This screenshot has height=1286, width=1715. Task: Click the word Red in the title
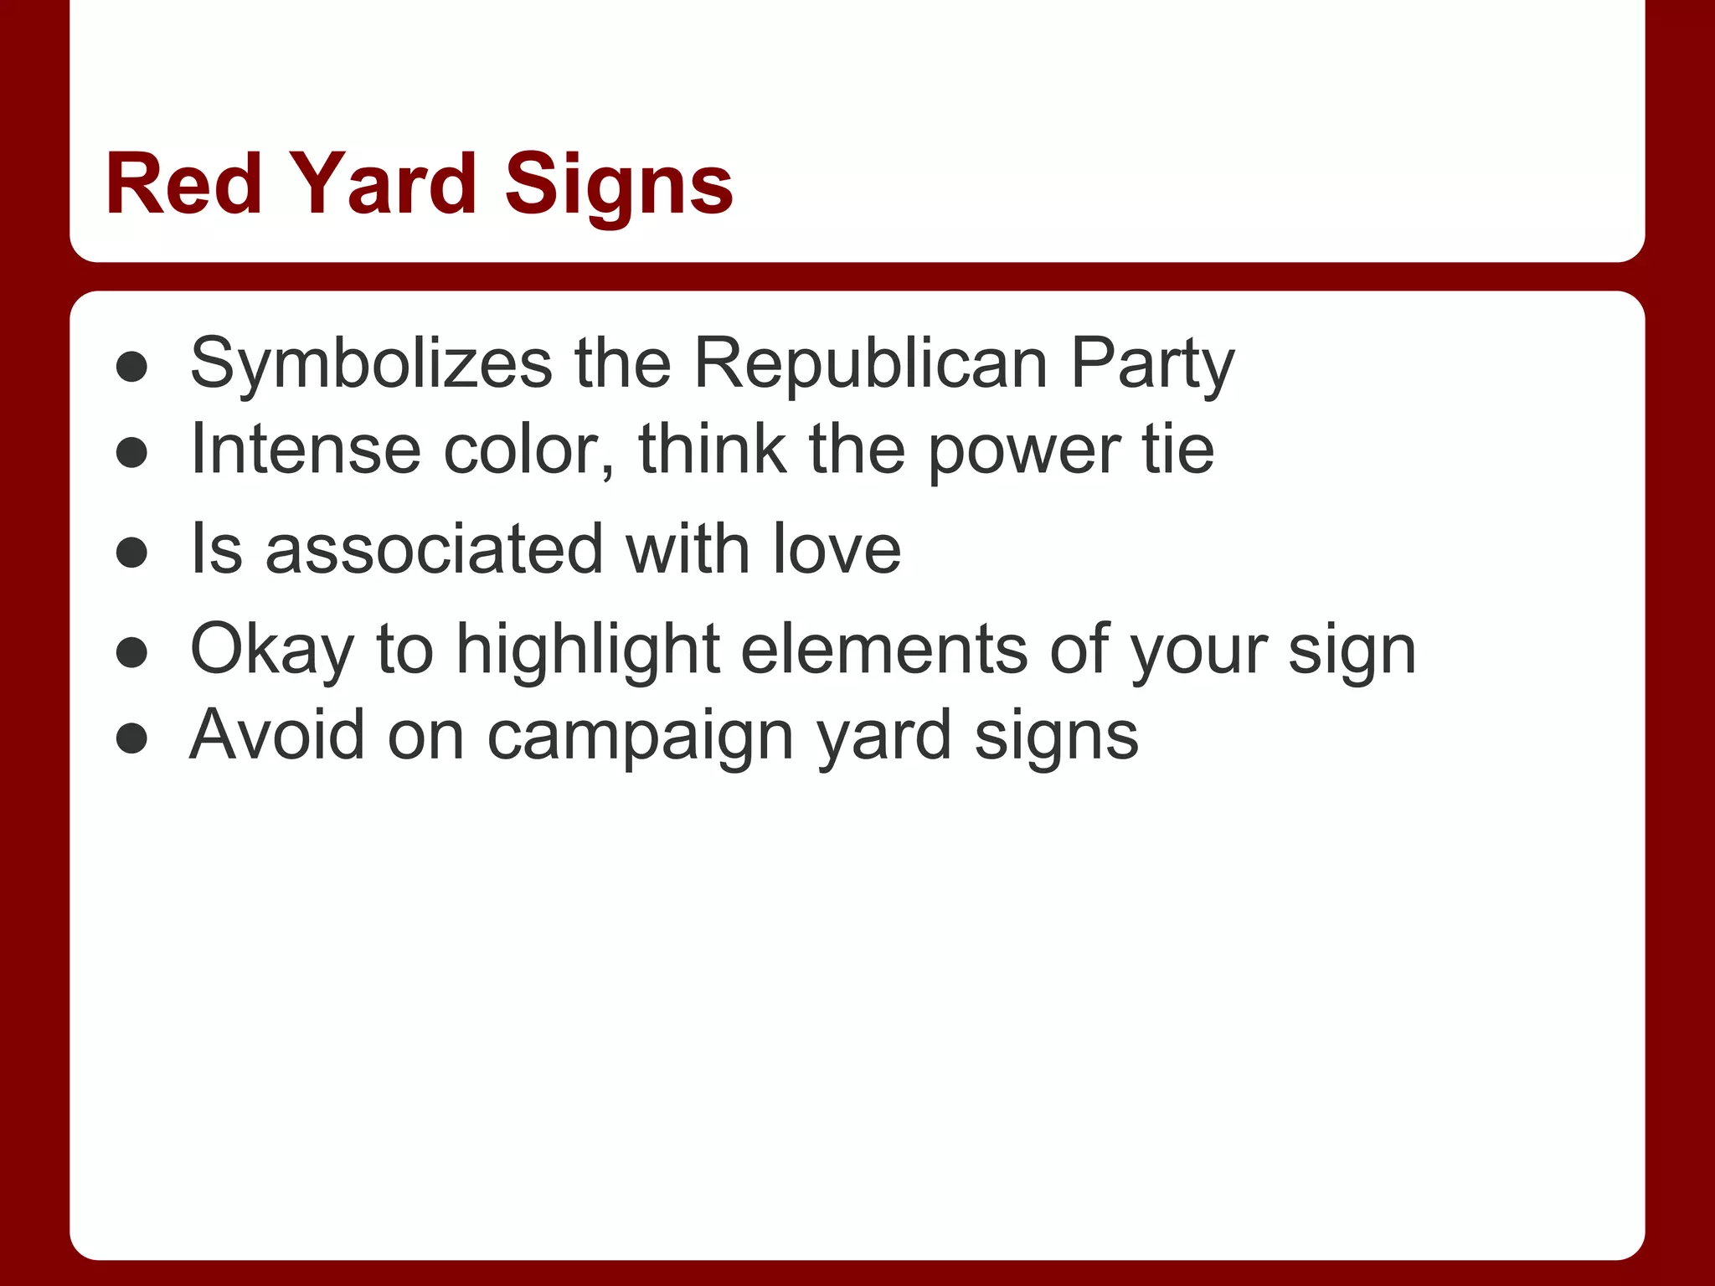tap(183, 184)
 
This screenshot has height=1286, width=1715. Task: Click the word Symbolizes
tap(371, 365)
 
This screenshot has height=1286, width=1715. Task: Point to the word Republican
tap(871, 365)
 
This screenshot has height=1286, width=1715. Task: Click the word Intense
tap(305, 450)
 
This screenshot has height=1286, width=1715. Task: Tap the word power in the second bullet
tap(1024, 452)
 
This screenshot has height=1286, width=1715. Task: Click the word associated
tap(434, 549)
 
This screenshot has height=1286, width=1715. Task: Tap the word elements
tap(883, 650)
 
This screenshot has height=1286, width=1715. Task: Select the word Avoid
tap(277, 735)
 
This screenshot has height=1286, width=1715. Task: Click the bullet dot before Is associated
tap(132, 553)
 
